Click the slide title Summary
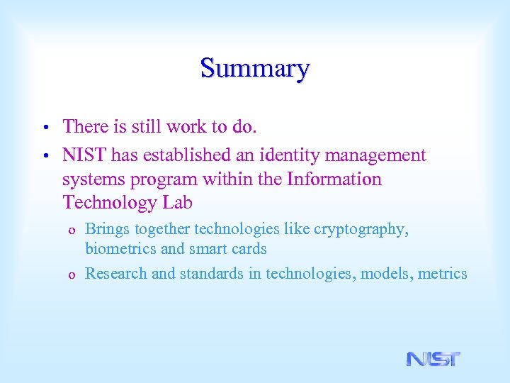(x=255, y=69)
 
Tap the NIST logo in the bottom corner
(x=433, y=359)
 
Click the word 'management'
(x=379, y=155)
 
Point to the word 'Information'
(x=334, y=179)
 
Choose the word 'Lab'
(x=177, y=203)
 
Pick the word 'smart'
(x=205, y=249)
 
